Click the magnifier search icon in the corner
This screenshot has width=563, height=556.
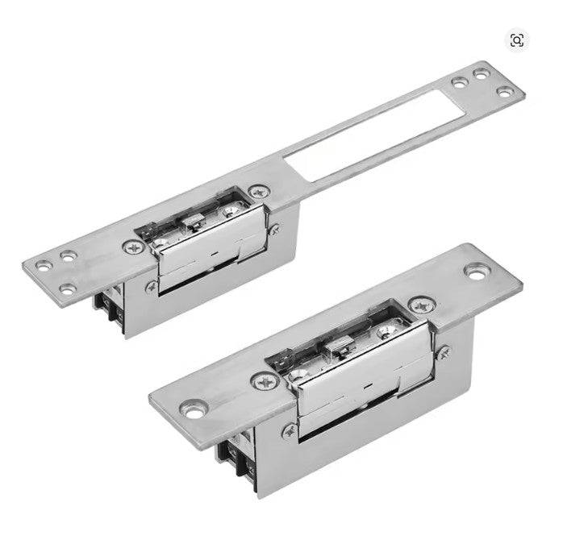pos(517,40)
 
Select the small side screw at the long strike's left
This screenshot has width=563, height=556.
pos(150,285)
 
